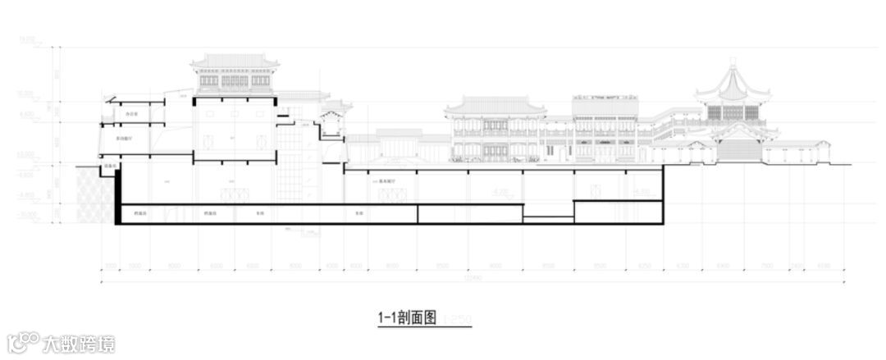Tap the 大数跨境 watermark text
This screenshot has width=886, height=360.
(79, 343)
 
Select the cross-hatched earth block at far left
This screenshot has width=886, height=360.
(94, 195)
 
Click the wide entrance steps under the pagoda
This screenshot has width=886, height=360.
(738, 151)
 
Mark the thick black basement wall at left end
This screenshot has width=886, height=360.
(117, 197)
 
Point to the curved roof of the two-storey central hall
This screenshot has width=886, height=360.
(495, 106)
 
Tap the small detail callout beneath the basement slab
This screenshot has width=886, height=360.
(308, 231)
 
